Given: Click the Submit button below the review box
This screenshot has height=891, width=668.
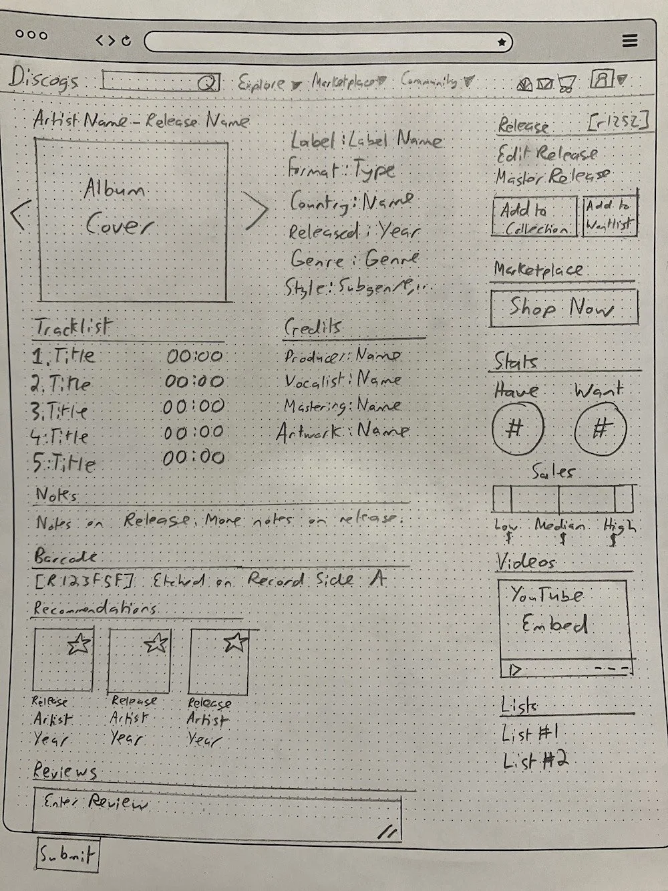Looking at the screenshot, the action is coord(66,854).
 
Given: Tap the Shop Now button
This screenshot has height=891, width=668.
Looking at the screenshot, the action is coord(563,309).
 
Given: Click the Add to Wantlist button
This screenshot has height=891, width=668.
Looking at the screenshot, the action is coord(609,215).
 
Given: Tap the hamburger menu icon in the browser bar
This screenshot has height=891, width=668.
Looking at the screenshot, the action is coord(629,41).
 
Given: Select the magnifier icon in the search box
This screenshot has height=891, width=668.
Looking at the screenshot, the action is coord(208,83).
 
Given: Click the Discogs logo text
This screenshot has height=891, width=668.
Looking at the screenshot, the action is coord(43,80).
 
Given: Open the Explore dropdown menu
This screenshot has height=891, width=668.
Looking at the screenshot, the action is coord(261,84).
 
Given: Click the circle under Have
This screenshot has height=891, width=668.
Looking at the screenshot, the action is coord(518,427).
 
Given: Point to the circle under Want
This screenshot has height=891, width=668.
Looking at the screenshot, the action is coord(600,428).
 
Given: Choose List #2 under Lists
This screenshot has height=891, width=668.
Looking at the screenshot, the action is coord(534,760).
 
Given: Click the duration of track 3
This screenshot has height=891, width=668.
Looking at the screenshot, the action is coord(194,406).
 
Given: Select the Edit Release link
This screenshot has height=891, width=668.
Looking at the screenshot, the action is coord(546,154).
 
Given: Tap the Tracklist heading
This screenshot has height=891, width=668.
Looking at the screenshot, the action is coord(71,328).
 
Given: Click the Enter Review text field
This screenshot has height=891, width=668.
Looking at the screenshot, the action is coord(217,813).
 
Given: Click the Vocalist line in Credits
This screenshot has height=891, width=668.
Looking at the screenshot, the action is coord(343,380).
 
